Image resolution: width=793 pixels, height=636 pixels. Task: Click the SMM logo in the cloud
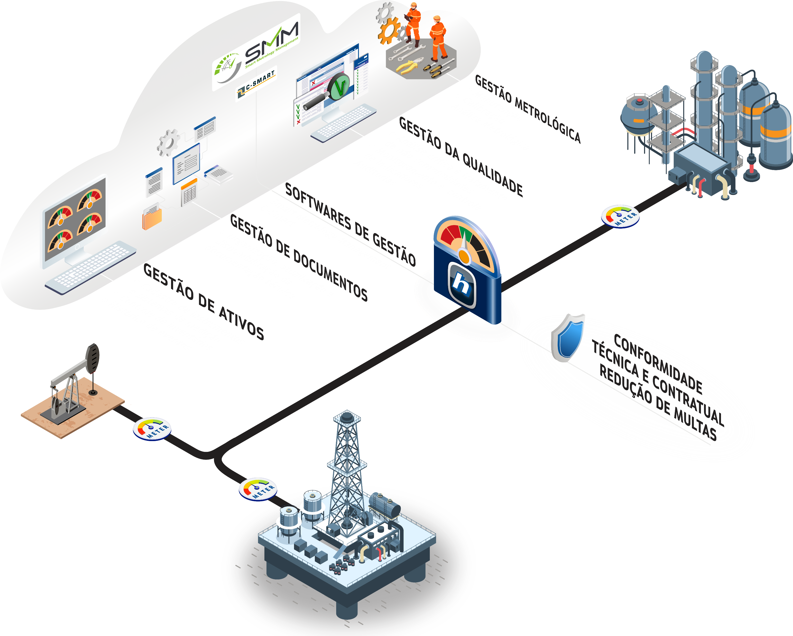[x=257, y=51]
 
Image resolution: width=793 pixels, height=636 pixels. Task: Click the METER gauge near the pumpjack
[x=152, y=428]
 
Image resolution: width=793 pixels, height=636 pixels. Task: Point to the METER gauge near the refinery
[x=620, y=216]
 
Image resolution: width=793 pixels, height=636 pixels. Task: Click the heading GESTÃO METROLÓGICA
[x=528, y=108]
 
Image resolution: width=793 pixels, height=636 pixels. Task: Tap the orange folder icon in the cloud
[x=152, y=218]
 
